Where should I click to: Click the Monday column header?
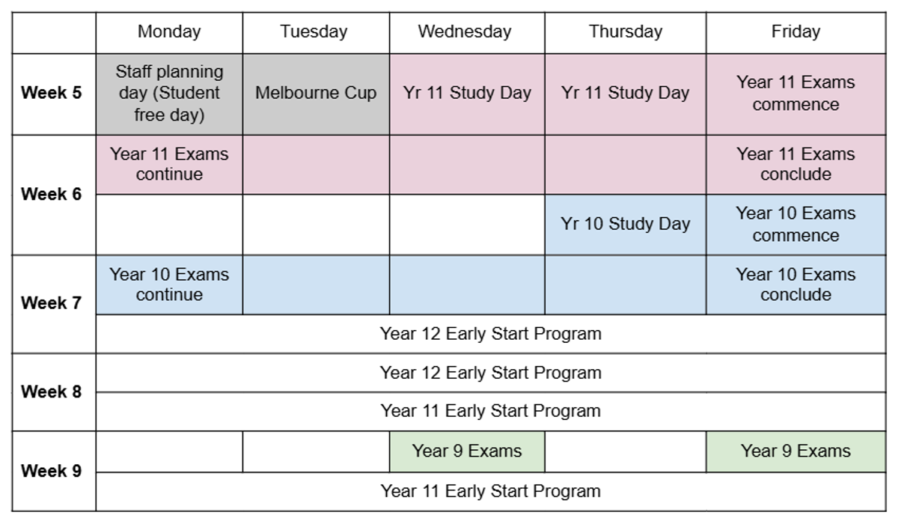(x=169, y=31)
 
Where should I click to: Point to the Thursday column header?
(x=626, y=31)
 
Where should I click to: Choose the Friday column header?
(x=796, y=31)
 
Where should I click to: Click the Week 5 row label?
(x=52, y=93)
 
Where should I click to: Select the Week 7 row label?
(x=52, y=303)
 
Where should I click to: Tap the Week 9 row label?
(x=52, y=471)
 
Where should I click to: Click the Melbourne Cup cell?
(x=316, y=94)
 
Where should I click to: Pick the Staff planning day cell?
(x=169, y=94)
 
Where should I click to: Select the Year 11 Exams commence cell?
(x=796, y=94)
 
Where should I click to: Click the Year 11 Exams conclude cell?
(x=796, y=165)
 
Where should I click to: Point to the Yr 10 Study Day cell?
(x=626, y=225)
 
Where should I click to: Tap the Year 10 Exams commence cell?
(x=796, y=225)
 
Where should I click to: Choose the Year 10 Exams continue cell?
(x=169, y=285)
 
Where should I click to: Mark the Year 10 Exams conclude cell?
(x=796, y=285)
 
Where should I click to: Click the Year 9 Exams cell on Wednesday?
(x=467, y=451)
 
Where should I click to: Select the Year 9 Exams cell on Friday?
(x=796, y=451)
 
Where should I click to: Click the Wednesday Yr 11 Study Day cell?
(x=467, y=94)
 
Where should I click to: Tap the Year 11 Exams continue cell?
(x=169, y=165)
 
